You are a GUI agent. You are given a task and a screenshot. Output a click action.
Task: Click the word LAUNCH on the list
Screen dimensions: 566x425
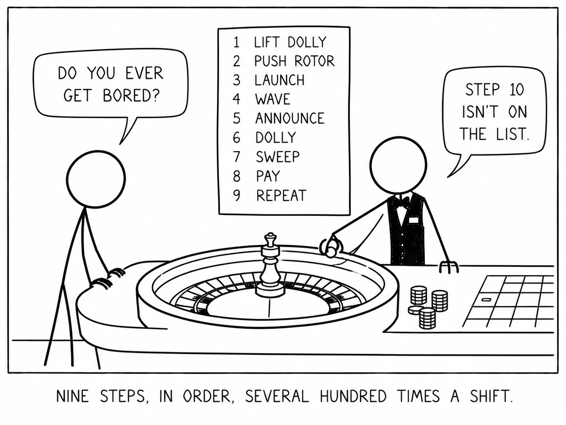click(x=279, y=80)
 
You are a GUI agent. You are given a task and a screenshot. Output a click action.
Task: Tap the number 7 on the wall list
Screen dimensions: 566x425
click(x=236, y=157)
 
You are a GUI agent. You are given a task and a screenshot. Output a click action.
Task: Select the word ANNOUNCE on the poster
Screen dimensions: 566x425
click(x=290, y=119)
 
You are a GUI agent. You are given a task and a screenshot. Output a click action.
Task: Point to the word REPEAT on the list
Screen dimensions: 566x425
click(x=281, y=195)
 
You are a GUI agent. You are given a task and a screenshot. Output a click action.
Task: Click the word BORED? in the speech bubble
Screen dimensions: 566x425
click(x=131, y=95)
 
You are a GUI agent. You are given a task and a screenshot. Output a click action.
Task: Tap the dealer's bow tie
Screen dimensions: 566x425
click(x=400, y=203)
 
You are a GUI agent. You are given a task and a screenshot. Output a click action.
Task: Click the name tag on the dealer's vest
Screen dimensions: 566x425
click(x=413, y=220)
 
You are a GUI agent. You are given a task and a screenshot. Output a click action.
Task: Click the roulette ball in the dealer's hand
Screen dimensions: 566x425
click(x=331, y=250)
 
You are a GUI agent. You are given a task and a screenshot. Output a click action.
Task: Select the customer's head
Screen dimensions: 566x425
click(x=96, y=179)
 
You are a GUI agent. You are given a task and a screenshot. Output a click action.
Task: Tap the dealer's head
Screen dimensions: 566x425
click(x=398, y=165)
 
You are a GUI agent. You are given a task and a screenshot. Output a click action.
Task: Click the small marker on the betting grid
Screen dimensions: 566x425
click(x=486, y=299)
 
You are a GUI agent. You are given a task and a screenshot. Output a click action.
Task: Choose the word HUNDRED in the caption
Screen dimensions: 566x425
click(x=353, y=396)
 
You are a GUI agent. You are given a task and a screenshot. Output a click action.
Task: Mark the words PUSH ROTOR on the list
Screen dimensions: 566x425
click(x=294, y=61)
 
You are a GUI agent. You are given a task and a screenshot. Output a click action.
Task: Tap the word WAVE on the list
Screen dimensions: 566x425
click(x=272, y=99)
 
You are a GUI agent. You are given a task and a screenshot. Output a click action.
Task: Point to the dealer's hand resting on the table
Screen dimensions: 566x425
click(x=449, y=267)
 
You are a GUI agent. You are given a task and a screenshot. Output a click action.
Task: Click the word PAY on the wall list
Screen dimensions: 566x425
click(x=268, y=176)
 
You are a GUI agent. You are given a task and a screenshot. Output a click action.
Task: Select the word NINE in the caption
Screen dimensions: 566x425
click(x=73, y=396)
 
